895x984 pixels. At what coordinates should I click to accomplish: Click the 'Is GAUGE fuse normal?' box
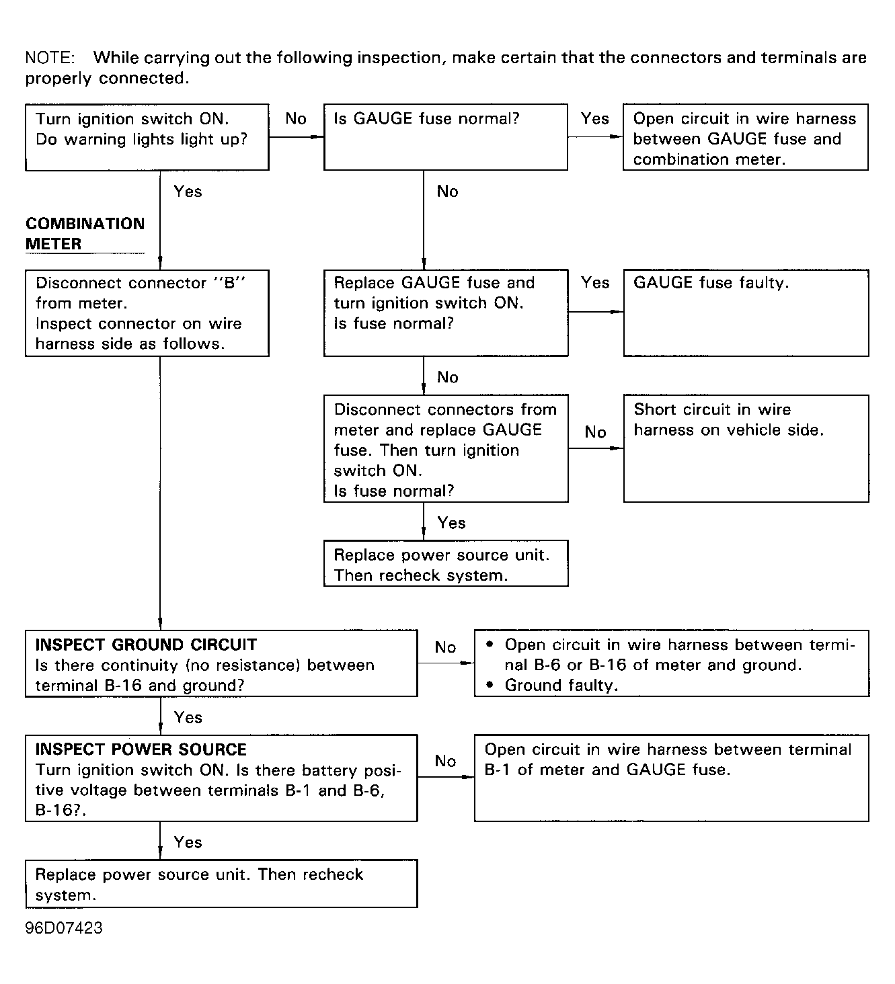click(445, 136)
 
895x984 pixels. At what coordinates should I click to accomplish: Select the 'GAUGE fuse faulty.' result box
click(746, 313)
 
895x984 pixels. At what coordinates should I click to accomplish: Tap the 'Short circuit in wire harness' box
click(746, 448)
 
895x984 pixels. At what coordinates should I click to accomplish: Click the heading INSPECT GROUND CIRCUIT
click(146, 645)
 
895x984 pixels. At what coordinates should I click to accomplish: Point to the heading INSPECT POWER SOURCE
click(141, 749)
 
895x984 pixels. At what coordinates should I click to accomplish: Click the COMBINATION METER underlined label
click(85, 234)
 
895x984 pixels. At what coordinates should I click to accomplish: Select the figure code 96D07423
click(64, 928)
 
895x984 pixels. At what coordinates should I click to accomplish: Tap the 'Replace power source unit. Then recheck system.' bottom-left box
click(221, 884)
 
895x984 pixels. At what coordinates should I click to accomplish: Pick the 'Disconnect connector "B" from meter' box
click(147, 313)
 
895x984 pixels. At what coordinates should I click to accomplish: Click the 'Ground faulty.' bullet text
click(561, 686)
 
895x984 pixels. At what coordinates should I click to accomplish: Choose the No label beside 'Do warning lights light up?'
click(296, 119)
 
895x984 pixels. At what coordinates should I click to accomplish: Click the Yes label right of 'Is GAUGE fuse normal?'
click(595, 119)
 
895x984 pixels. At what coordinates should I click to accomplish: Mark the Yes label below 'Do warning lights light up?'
click(188, 192)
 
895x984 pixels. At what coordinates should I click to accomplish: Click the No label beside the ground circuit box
click(445, 647)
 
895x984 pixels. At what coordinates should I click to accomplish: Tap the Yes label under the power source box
click(188, 842)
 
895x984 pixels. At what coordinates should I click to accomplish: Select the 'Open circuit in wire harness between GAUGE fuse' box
click(745, 136)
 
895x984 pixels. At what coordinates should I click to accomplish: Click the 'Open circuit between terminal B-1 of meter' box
click(671, 778)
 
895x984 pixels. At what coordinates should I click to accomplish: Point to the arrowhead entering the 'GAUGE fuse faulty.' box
click(617, 312)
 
